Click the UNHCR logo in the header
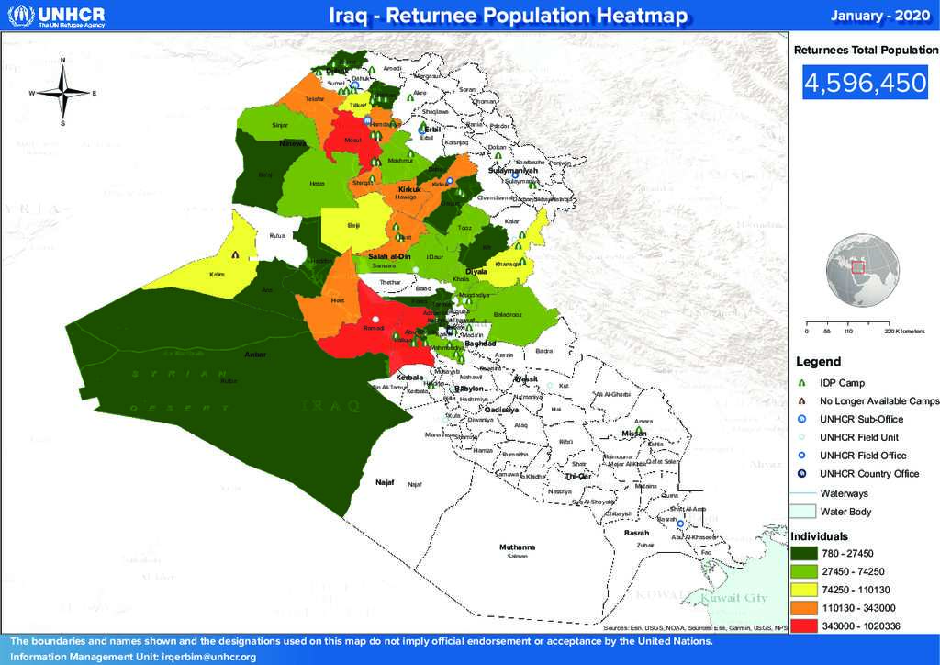point(57,16)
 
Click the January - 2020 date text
point(878,16)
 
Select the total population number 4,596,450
point(866,84)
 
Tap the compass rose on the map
point(62,93)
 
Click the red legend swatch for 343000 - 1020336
point(805,626)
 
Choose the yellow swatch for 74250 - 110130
point(805,589)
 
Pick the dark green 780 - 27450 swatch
point(805,553)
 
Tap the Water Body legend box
point(805,512)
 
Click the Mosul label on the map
point(352,141)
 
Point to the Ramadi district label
point(374,327)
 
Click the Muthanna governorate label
point(517,547)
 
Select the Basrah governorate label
point(636,533)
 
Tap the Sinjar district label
point(280,124)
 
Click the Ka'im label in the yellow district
point(218,275)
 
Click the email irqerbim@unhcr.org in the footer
point(208,657)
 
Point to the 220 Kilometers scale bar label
point(904,331)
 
